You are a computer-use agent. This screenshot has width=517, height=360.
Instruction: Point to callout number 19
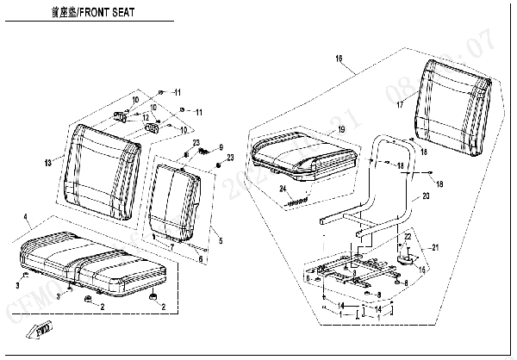(x=341, y=128)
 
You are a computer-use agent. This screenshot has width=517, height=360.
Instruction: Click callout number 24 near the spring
(x=282, y=189)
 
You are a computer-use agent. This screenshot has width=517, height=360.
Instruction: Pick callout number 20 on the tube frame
(x=425, y=196)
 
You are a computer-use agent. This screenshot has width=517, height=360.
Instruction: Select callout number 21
(x=435, y=248)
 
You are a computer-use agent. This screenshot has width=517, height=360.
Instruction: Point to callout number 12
(x=147, y=117)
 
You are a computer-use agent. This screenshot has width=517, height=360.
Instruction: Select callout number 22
(x=407, y=236)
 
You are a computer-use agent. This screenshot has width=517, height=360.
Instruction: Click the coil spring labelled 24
(x=298, y=201)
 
